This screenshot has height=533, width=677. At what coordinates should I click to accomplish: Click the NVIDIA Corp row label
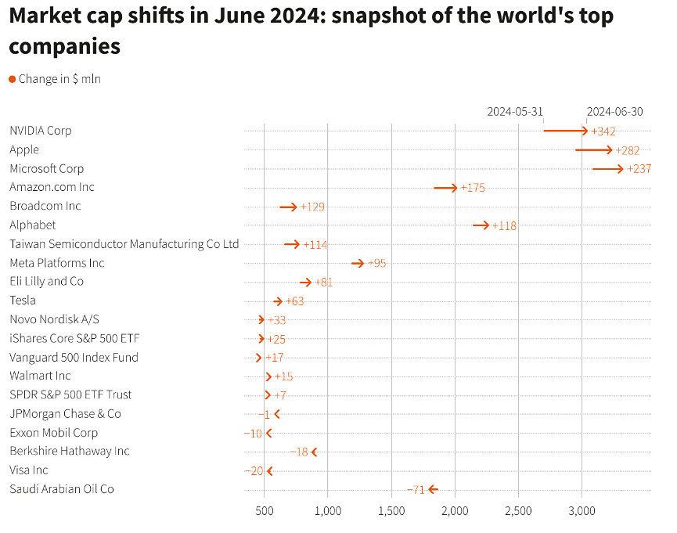[40, 131]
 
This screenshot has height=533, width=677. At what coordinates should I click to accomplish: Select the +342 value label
[603, 131]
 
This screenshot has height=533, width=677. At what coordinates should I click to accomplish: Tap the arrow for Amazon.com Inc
[445, 188]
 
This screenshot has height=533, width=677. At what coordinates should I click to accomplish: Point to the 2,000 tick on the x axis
[455, 510]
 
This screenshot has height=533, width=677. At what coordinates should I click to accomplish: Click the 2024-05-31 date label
[514, 112]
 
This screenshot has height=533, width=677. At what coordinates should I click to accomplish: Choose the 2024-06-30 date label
[614, 112]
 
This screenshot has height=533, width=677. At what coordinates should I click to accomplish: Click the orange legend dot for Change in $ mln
[12, 79]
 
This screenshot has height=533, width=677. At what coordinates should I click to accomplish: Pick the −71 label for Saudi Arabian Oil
[416, 490]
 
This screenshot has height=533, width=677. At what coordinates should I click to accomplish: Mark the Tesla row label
[23, 301]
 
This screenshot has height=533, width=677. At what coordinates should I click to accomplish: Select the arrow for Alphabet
[481, 225]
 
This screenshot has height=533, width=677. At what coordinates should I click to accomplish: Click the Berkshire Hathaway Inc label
[70, 451]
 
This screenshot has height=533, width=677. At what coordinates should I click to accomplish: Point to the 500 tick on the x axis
[265, 510]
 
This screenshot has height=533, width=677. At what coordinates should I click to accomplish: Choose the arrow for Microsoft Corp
[608, 168]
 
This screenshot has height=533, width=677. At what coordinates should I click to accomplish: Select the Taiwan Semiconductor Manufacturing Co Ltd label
[124, 244]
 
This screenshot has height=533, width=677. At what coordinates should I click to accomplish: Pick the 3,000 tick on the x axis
[582, 510]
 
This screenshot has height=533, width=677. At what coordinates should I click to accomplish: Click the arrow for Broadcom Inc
[288, 207]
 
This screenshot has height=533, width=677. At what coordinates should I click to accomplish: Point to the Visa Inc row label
[29, 470]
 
